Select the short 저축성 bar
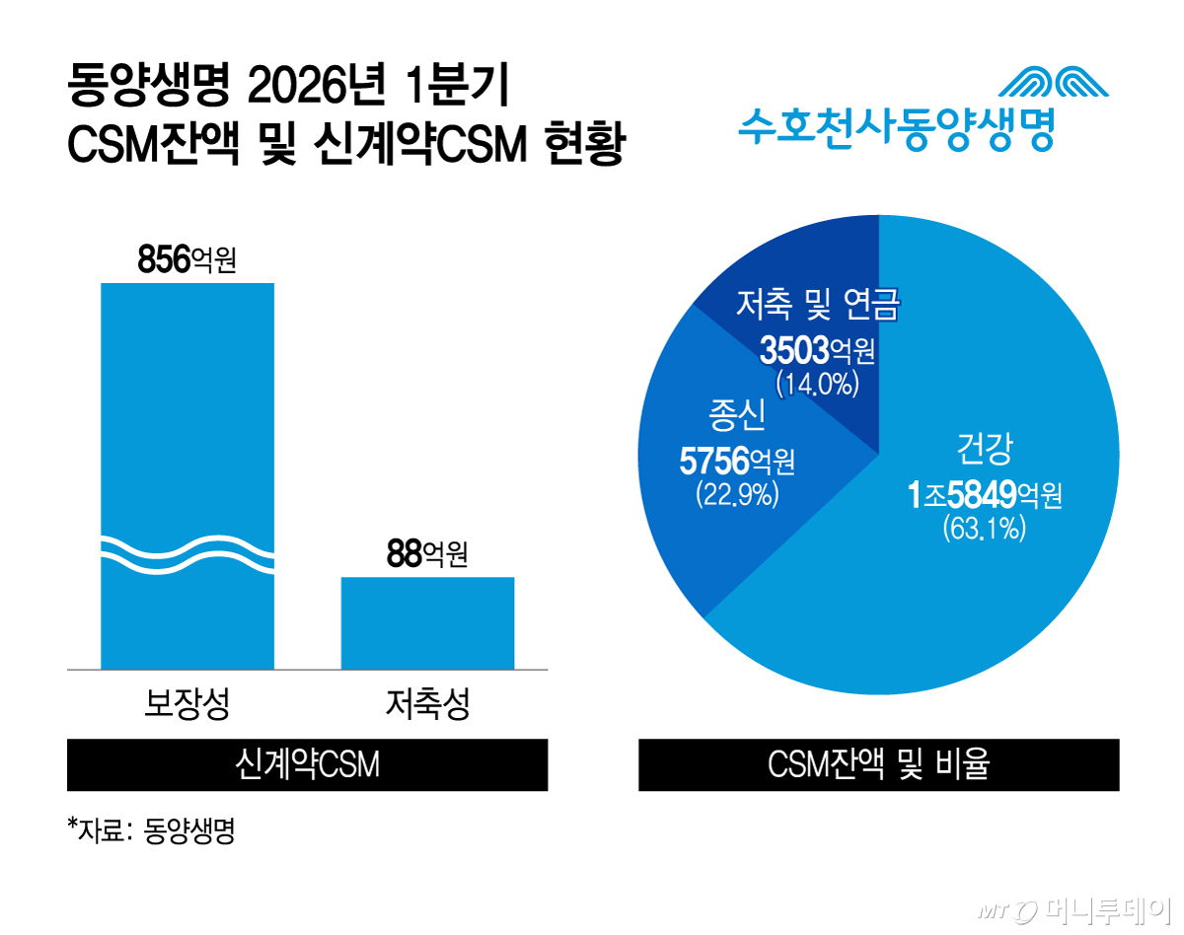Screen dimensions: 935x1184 (427, 622)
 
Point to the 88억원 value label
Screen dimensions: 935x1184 (427, 555)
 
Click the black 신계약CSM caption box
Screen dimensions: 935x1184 (307, 764)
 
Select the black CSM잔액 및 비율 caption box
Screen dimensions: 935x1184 (878, 764)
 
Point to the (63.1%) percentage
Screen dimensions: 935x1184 (985, 530)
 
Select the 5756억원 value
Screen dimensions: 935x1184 (736, 460)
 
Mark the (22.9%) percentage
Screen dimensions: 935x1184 (736, 493)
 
